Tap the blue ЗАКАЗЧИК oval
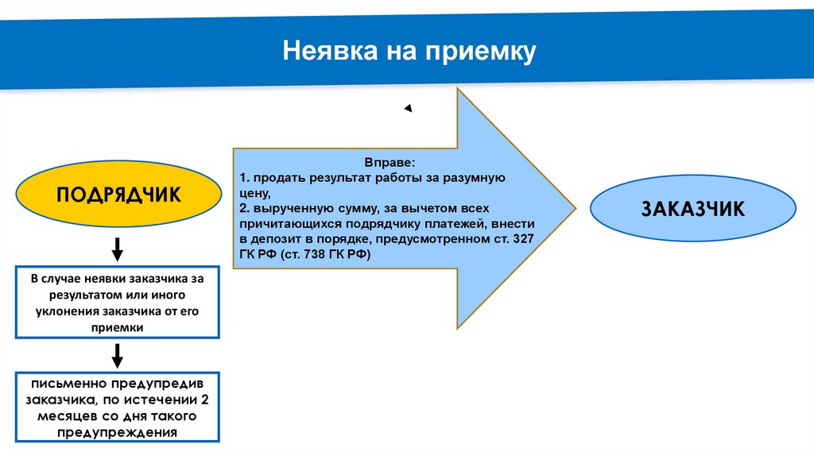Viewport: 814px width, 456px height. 692,208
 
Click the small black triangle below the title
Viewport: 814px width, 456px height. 408,109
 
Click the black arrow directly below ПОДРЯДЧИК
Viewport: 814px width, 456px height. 117,249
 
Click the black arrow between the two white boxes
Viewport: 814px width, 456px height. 117,355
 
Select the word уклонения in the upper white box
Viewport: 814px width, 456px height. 68,311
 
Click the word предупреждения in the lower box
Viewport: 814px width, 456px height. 117,432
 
